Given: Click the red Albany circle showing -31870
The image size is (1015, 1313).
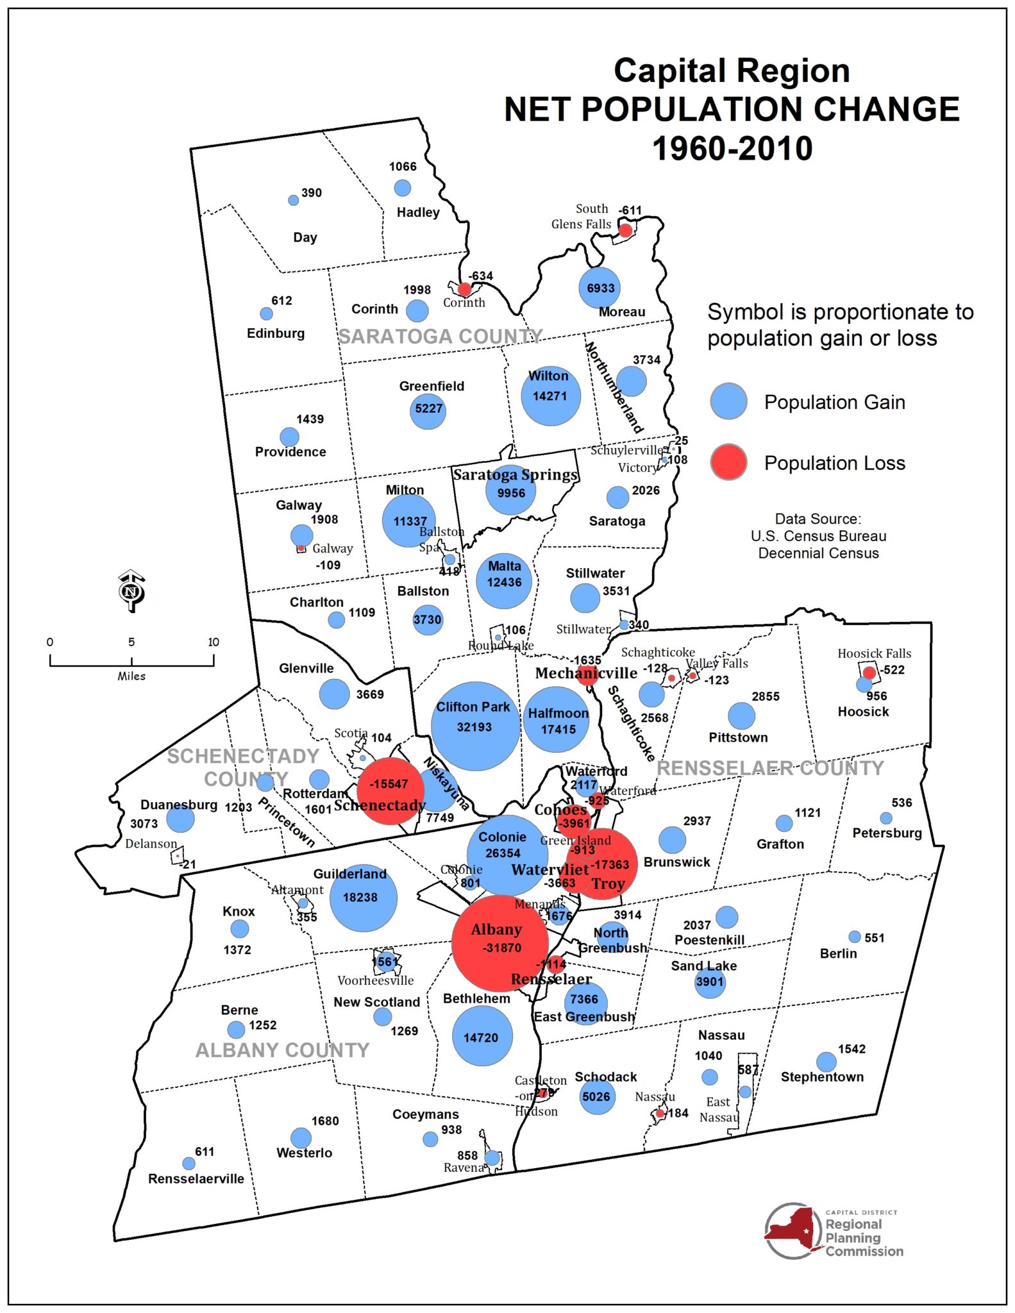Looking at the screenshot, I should tap(499, 943).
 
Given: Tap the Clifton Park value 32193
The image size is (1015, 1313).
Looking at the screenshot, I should tap(474, 727).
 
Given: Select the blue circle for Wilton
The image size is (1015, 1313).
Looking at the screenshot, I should tap(550, 395).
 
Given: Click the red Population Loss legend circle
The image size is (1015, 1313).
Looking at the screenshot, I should tap(728, 462).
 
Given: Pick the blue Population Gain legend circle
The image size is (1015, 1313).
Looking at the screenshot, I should tap(728, 401).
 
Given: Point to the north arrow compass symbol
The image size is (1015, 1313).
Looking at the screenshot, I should tap(131, 590).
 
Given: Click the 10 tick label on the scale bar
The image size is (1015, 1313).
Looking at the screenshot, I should tap(213, 642).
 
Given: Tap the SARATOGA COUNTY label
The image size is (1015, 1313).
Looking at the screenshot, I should tap(440, 336).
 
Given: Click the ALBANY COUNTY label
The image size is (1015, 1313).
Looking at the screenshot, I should tap(282, 1050).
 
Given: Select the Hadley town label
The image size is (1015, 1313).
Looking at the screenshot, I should tap(417, 212).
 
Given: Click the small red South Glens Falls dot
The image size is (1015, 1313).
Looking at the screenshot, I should tap(625, 230).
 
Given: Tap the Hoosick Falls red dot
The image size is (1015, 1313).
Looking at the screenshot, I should tap(869, 673).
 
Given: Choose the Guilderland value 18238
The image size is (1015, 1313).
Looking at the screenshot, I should tap(360, 898).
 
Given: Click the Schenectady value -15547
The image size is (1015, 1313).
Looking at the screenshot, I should tap(390, 783).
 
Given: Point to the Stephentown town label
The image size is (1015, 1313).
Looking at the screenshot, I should tap(821, 1077).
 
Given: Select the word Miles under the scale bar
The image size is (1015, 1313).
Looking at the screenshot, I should tap(131, 676).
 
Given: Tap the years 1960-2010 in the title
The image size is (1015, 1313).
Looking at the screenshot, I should tap(732, 148).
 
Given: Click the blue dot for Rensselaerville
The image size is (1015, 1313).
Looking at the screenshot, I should tap(189, 1163).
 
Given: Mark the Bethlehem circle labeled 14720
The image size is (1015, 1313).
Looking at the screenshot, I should tap(482, 1037).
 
